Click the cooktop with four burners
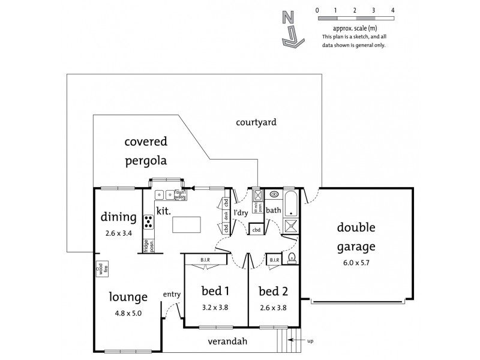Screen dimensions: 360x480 point(148,221)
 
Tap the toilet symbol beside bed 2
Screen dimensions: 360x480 point(291,258)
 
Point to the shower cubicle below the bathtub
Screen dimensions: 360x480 point(291,225)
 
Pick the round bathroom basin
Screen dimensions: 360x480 point(274,194)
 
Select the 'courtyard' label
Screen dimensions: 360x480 point(256,122)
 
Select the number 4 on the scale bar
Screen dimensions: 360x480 point(392,10)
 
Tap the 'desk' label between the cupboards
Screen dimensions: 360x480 point(226,215)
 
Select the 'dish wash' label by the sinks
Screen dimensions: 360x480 point(179,194)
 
